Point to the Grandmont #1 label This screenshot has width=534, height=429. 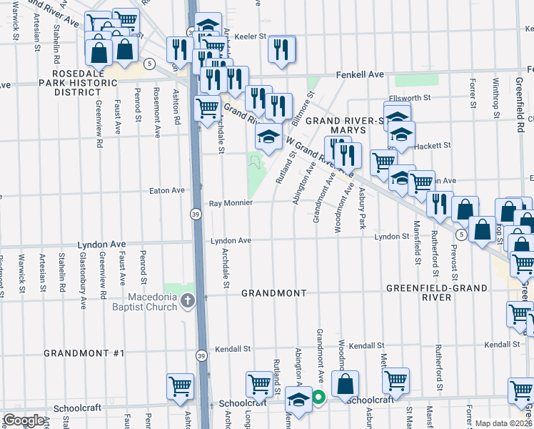84,353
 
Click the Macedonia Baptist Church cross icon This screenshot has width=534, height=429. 188,301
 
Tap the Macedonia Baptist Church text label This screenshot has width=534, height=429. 142,302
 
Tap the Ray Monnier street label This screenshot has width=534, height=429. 231,203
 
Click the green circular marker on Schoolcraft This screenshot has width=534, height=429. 319,398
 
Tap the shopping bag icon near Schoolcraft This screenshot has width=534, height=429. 345,383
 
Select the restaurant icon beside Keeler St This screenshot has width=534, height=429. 281,49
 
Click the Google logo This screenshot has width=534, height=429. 24,420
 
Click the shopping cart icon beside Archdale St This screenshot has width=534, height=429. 207,109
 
